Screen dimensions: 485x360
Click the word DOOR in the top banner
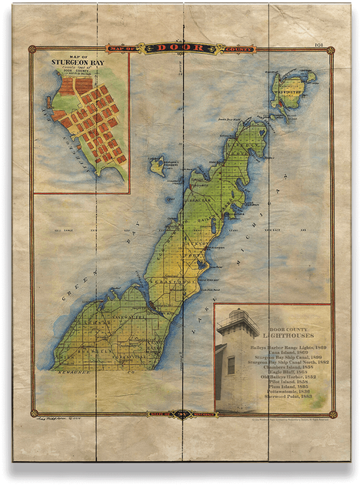[180, 48]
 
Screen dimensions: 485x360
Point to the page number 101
[320, 45]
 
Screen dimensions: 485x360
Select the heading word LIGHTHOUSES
[274, 336]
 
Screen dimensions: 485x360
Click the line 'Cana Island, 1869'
[274, 353]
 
